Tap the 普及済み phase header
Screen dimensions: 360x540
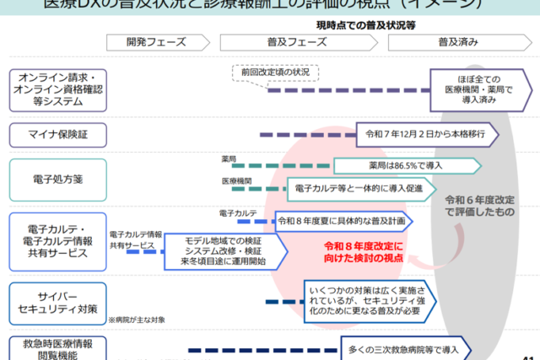(467, 42)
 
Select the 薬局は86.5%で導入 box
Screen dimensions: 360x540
(408, 165)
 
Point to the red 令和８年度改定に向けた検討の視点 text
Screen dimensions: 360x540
(364, 250)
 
